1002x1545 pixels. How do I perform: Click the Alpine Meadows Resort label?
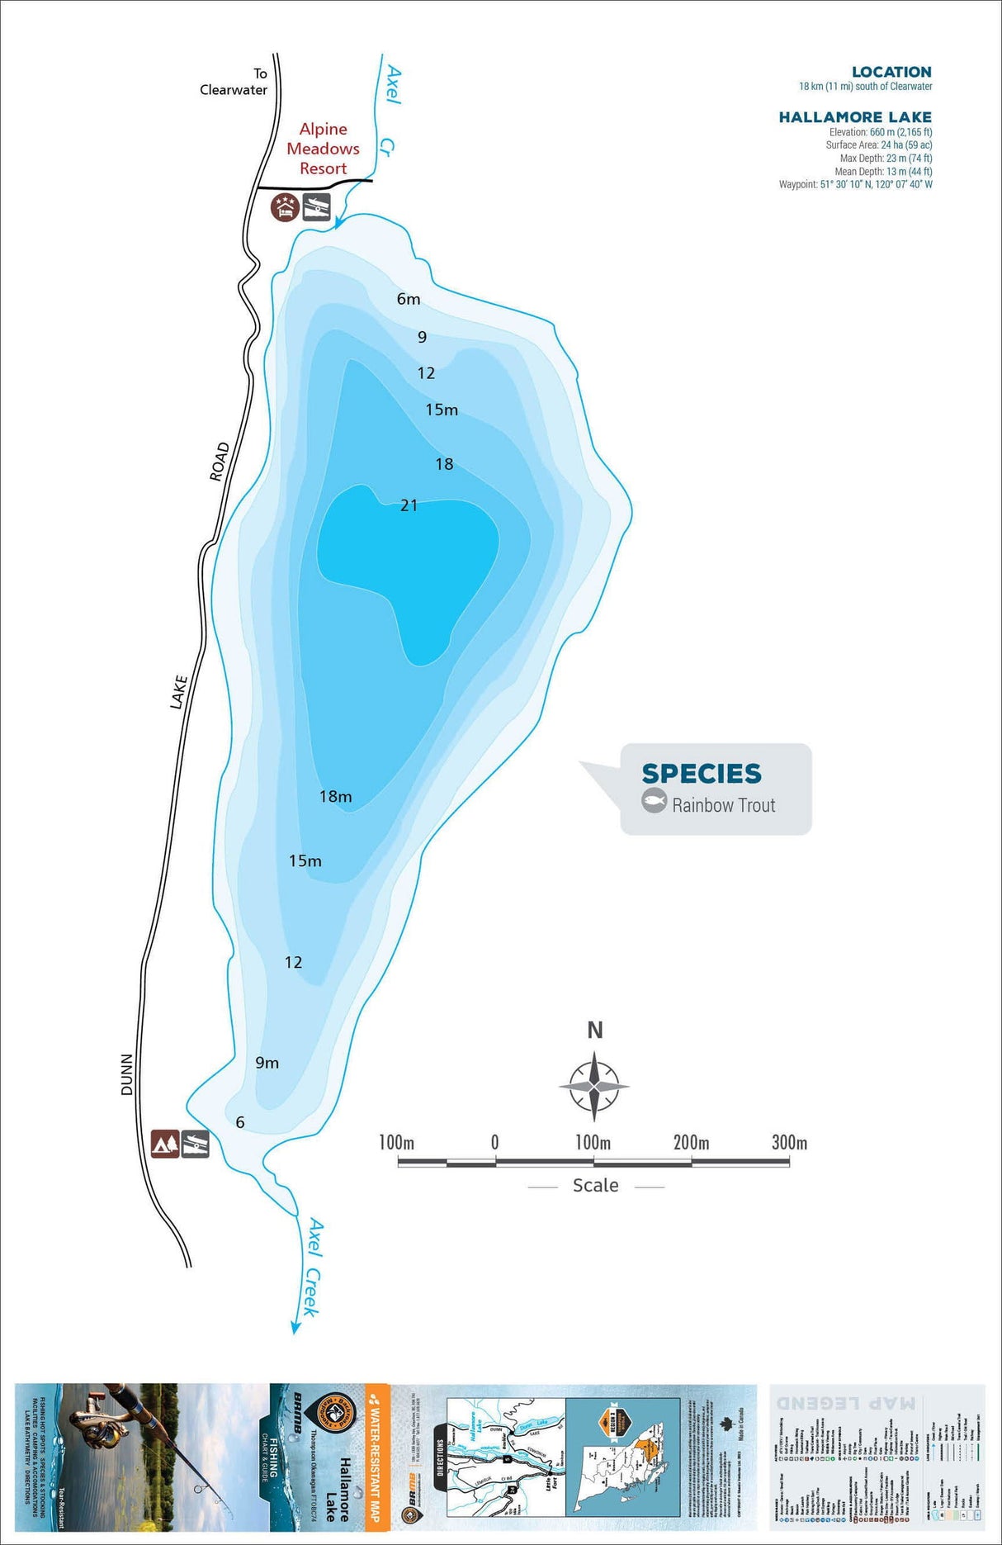[323, 149]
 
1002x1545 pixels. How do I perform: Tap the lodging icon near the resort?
[284, 206]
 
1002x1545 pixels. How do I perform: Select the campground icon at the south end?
[165, 1144]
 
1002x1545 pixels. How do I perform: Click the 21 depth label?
[409, 505]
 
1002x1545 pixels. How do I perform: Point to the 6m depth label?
[409, 299]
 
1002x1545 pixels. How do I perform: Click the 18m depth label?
[335, 797]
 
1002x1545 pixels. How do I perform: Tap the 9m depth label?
[267, 1063]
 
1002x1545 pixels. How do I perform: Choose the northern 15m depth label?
[442, 410]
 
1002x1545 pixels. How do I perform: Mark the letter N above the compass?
[594, 1031]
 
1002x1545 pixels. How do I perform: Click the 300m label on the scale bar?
[789, 1143]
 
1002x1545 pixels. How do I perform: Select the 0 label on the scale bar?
[494, 1143]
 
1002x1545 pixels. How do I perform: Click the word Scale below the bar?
[595, 1186]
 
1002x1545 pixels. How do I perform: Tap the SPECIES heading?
[702, 774]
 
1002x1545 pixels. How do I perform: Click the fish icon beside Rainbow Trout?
[655, 801]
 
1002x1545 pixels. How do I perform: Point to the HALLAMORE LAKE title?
[855, 117]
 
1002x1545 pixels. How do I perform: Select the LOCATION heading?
[891, 72]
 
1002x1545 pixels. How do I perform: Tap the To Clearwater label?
[234, 82]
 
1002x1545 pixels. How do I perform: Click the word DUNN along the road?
[126, 1074]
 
